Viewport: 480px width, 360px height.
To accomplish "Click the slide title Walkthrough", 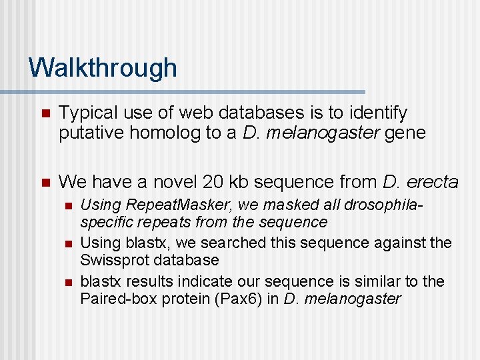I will (x=103, y=68).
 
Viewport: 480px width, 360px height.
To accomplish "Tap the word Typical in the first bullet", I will (x=84, y=113).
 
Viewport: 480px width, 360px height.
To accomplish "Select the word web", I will (x=187, y=113).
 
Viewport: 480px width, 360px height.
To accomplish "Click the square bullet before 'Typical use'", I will (x=45, y=113).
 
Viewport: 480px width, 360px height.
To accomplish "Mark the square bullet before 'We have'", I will (x=45, y=181).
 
